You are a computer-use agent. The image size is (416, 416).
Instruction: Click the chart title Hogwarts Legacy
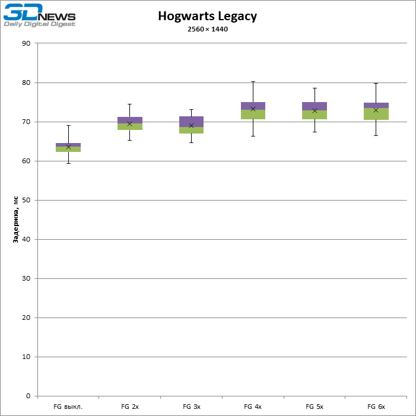(x=207, y=17)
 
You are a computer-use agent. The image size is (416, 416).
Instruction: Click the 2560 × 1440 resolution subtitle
(x=207, y=30)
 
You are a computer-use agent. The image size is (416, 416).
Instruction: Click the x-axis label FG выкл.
(x=68, y=407)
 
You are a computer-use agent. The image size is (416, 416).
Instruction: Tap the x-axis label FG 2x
(x=130, y=407)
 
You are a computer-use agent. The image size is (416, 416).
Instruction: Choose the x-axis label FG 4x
(x=253, y=407)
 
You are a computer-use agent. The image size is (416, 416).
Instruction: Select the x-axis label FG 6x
(x=376, y=407)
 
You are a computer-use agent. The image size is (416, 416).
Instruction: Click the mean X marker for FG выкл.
(x=68, y=147)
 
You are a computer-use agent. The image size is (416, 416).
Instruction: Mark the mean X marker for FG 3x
(x=191, y=125)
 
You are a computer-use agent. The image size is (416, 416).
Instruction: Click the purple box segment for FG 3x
(x=191, y=121)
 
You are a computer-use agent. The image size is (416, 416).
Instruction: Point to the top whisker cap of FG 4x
(x=253, y=81)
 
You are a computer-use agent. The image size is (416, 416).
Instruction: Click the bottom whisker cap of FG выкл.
(x=68, y=163)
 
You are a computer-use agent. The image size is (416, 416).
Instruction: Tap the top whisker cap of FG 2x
(x=130, y=104)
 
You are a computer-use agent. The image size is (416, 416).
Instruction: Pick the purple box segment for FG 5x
(x=315, y=106)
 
